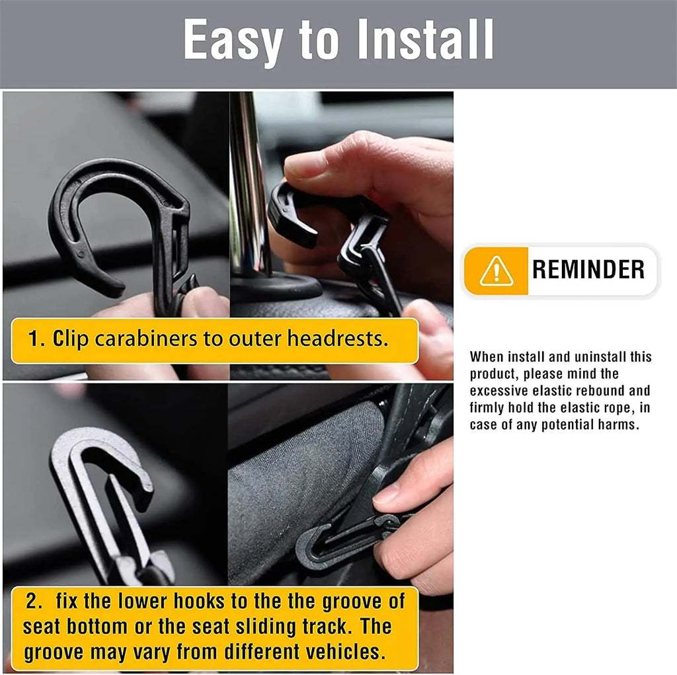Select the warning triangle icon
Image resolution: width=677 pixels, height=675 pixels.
496,270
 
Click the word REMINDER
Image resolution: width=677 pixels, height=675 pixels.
588,270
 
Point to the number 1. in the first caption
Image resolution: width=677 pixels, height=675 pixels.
36,339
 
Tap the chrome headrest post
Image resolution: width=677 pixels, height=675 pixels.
248,185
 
